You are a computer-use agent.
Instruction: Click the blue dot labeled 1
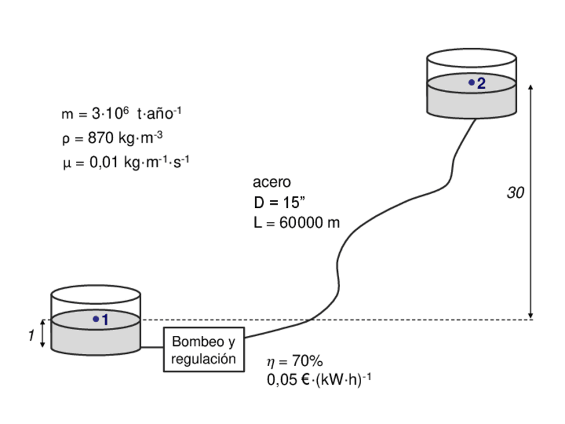[96, 319]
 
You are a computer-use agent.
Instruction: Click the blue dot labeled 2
[472, 83]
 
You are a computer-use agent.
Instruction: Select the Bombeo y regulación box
[204, 349]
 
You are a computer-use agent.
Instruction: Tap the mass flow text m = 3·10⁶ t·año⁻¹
[121, 114]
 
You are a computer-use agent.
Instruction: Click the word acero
[272, 182]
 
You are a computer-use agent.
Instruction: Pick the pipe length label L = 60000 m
[296, 223]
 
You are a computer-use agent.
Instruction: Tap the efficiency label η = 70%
[294, 361]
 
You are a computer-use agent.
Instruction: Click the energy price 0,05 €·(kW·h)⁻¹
[318, 379]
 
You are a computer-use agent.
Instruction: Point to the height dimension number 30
[515, 193]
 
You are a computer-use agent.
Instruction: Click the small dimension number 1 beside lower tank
[31, 336]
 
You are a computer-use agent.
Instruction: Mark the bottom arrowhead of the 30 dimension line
[530, 315]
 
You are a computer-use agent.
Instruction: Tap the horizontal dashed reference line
[400, 320]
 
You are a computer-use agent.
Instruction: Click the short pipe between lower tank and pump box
[153, 347]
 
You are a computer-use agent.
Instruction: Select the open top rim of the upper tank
[471, 57]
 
